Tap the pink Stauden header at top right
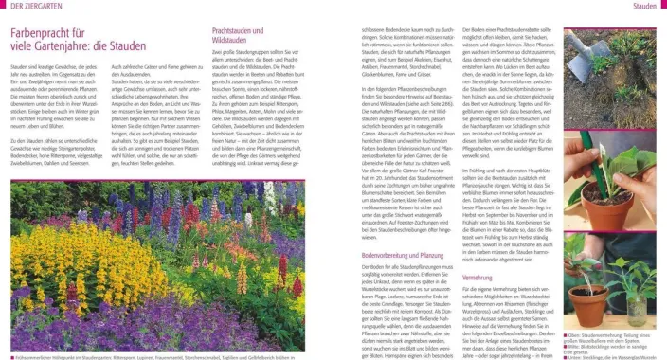pos(644,7)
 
